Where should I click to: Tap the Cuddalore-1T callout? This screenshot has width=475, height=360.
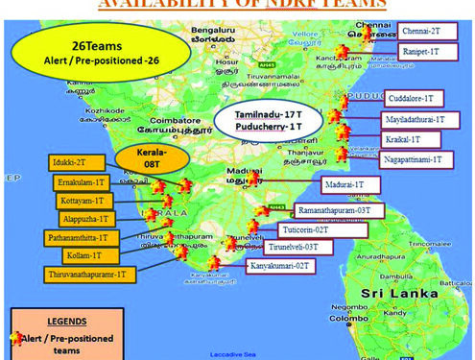(414, 98)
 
